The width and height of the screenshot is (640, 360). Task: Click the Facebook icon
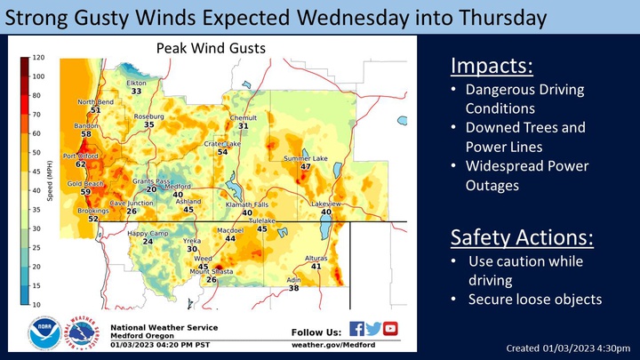pos(356,329)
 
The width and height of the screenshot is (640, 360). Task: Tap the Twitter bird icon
pos(373,329)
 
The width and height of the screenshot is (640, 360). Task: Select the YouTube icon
pos(390,329)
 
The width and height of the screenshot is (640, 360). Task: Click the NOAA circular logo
pos(45,332)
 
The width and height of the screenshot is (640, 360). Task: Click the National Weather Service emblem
pos(83,332)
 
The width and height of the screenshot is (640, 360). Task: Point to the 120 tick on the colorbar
pos(39,58)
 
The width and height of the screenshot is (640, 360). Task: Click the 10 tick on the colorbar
pos(36,305)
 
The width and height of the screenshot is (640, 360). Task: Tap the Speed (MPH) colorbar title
pos(50,180)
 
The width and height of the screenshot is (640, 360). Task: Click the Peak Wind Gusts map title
pos(211,48)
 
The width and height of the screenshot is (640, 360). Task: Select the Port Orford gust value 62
pos(80,164)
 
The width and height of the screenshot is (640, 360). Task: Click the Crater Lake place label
pos(222,144)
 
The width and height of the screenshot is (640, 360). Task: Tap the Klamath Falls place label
pos(247,205)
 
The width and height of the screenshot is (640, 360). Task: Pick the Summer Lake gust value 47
pos(306,166)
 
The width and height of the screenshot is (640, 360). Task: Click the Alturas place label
pos(316,259)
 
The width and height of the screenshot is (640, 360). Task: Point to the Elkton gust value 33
pos(136,91)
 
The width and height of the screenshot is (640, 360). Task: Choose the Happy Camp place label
pos(148,234)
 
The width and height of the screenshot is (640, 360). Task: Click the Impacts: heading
pos(492,66)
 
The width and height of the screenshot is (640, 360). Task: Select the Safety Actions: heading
pos(522,237)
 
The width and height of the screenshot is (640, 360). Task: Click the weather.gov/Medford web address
pos(333,345)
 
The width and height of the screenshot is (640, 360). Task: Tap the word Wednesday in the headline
pos(353,18)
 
